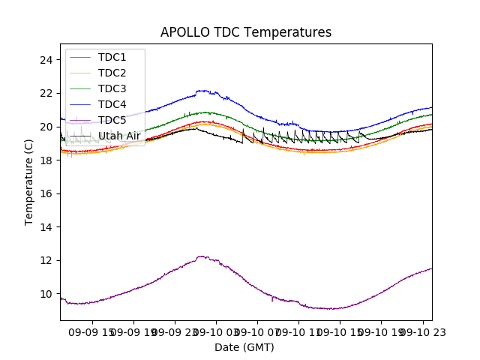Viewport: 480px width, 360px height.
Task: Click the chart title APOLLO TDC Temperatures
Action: [246, 32]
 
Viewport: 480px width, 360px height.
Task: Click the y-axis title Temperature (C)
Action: [29, 181]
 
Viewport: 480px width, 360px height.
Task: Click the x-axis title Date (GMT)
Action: [244, 347]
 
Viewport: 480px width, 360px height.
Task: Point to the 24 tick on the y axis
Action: [46, 60]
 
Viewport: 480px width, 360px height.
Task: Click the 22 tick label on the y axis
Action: [46, 93]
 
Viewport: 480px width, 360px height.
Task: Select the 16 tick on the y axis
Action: [46, 193]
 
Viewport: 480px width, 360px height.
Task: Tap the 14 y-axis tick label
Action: [46, 226]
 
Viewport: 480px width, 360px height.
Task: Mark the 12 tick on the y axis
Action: [46, 260]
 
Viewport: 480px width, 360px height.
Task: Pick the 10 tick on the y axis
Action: [46, 293]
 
